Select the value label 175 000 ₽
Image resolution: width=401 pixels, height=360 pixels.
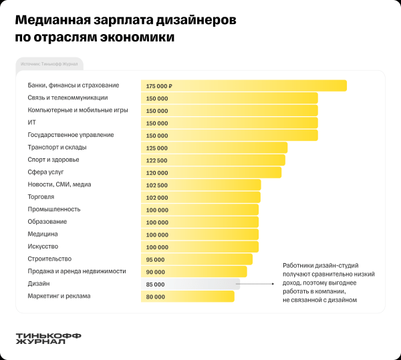coord(159,86)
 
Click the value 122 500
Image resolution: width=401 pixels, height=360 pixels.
coord(156,160)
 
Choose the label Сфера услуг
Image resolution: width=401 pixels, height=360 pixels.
coord(45,172)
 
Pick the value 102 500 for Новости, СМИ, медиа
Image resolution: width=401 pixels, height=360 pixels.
coord(156,185)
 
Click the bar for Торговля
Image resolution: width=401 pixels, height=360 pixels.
coord(214,198)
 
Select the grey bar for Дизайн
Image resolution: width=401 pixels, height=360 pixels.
coord(200,284)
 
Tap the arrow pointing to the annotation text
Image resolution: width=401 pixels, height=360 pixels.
coord(257,284)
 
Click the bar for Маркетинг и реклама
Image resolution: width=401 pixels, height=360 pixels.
coord(200,296)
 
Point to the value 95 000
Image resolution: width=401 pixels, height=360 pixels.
coord(156,259)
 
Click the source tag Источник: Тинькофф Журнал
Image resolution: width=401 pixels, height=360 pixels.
coord(49,65)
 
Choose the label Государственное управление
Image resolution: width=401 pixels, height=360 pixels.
coord(71,135)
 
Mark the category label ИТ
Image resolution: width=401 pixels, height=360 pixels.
coord(31,122)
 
